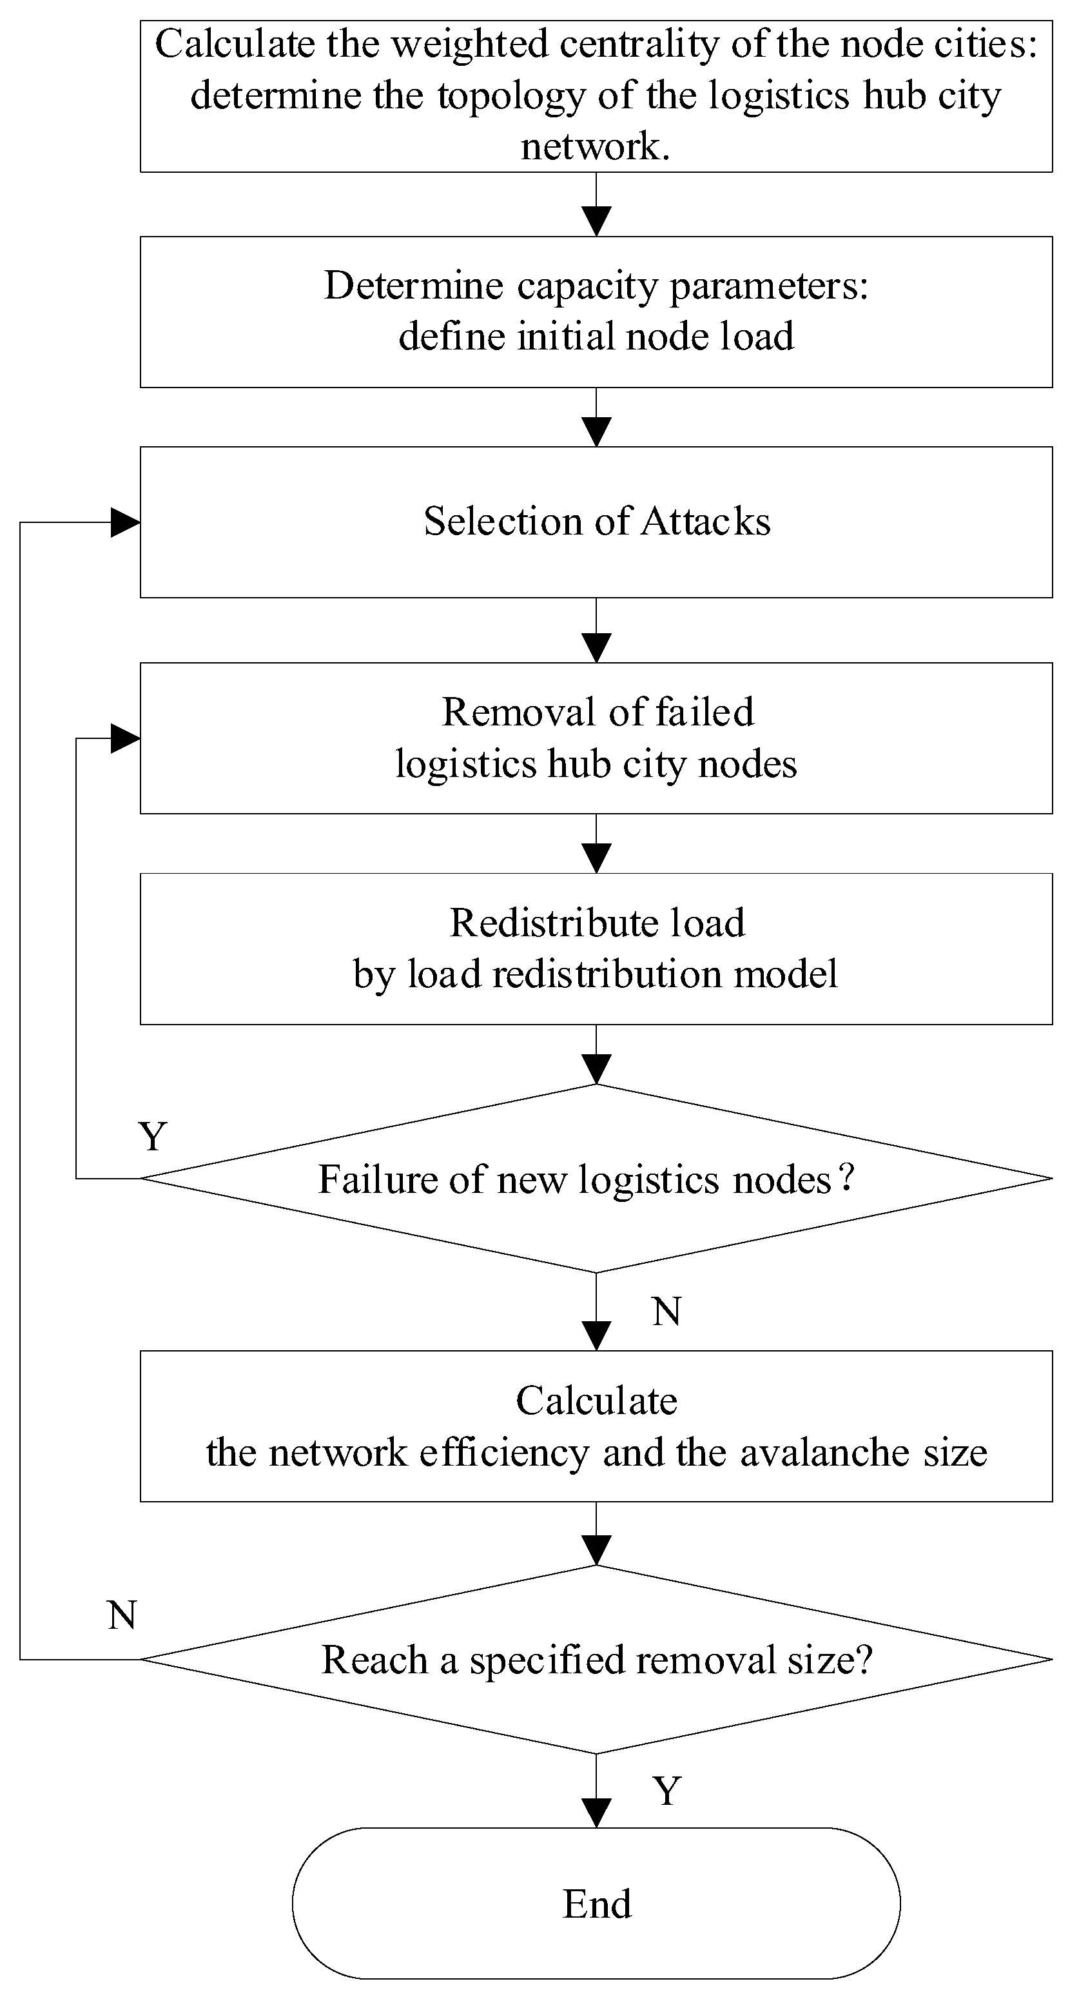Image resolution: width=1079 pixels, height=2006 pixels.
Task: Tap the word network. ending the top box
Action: click(x=596, y=146)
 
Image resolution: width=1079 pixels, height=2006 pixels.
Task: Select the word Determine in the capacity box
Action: click(x=413, y=286)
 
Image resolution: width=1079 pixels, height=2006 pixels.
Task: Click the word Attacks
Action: click(x=705, y=522)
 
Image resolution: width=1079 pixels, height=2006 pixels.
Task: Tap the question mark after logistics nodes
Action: click(x=847, y=1177)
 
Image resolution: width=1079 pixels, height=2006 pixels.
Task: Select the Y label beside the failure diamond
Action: click(x=153, y=1137)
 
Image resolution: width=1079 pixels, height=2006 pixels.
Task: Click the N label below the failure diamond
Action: click(x=666, y=1312)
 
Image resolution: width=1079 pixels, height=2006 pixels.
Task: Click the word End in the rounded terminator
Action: click(x=597, y=1905)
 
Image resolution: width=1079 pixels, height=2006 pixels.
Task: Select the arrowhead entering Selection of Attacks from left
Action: click(x=125, y=522)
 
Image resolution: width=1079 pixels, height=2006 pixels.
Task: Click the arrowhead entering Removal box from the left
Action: click(x=125, y=738)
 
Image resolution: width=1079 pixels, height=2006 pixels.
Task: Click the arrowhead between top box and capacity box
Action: click(x=596, y=221)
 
